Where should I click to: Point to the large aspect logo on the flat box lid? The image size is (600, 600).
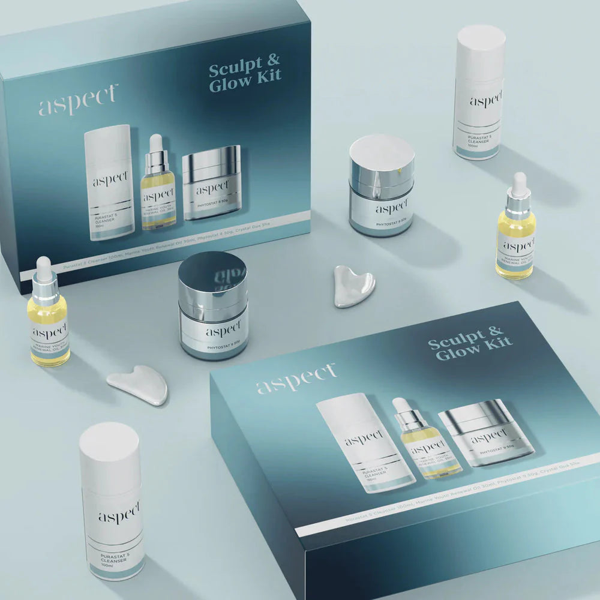[x=297, y=379]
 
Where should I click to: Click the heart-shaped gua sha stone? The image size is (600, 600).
[x=354, y=285]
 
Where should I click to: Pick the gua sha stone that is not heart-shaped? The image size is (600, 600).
[x=137, y=383]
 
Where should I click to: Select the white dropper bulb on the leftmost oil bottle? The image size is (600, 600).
[x=44, y=265]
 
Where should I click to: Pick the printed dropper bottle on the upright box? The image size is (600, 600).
[x=158, y=183]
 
